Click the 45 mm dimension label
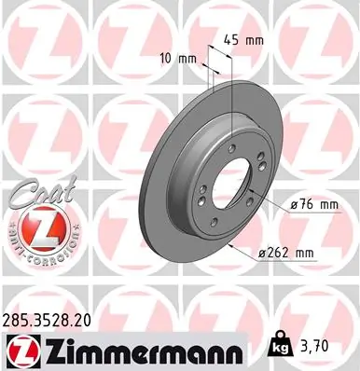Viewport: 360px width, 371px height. [241, 40]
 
